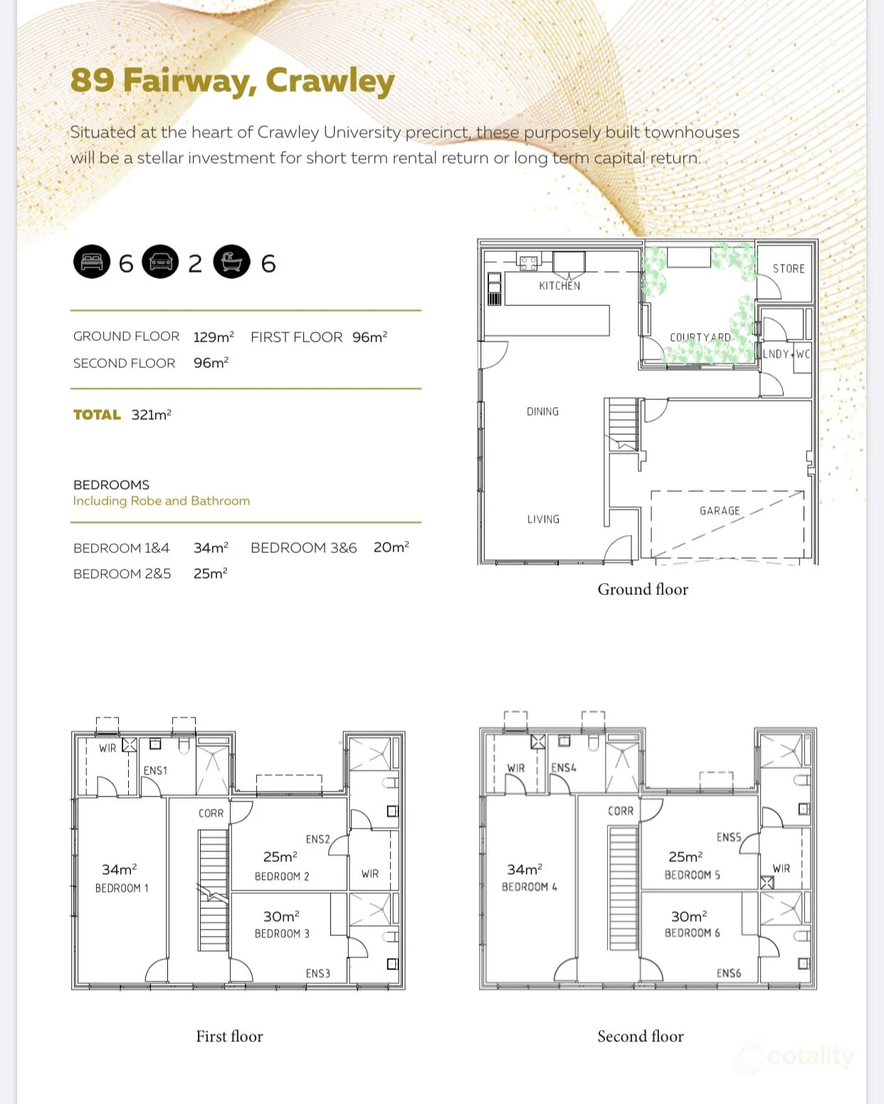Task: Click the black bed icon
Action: (92, 261)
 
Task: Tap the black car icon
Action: (161, 261)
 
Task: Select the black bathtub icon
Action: (232, 261)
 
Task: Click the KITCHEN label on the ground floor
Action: (559, 285)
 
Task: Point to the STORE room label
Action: (789, 268)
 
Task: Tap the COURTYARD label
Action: (700, 337)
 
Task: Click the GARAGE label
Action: (720, 510)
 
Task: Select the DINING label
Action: (542, 411)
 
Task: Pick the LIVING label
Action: (543, 519)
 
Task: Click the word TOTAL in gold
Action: (97, 414)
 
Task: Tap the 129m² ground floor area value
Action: (214, 337)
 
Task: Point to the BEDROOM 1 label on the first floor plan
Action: (122, 888)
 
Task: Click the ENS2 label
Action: (317, 838)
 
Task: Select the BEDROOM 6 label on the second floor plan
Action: (692, 932)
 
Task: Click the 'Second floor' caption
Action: (641, 1036)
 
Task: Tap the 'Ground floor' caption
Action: (643, 589)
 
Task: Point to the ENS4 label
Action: (563, 767)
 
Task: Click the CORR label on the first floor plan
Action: (211, 813)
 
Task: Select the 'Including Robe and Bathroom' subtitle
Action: (161, 500)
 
